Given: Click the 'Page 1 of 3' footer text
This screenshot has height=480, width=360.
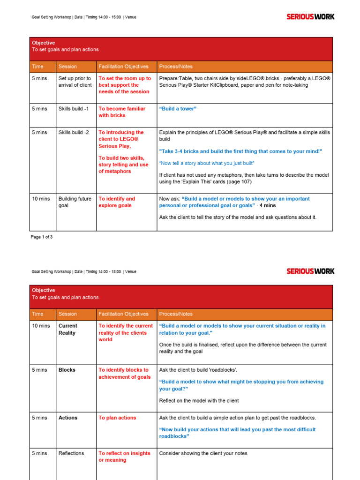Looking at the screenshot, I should click(42, 237).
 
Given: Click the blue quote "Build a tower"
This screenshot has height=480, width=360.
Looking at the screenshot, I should click(178, 109).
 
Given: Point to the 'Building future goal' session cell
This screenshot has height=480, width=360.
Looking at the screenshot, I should click(75, 202).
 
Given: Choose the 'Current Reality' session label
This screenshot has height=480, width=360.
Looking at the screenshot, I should click(68, 329).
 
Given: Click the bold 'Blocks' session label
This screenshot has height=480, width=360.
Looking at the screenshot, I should click(67, 370).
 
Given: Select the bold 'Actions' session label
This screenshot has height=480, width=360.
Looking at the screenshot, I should click(67, 418).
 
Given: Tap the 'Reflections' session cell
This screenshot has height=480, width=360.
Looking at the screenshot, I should click(71, 453).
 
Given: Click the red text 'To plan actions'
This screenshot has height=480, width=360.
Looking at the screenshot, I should click(117, 418).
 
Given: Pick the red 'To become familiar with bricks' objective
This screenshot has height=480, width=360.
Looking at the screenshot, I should click(122, 112).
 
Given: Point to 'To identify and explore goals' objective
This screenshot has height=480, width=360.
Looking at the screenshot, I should click(117, 202).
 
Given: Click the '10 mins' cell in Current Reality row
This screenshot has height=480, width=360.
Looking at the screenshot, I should click(41, 326).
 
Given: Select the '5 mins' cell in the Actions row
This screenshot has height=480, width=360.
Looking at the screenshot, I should click(39, 418).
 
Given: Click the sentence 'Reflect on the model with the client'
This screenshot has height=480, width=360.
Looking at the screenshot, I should click(199, 401).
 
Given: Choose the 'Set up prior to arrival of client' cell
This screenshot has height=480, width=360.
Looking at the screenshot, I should click(75, 82).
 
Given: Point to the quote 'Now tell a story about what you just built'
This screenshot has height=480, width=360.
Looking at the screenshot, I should click(207, 163).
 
